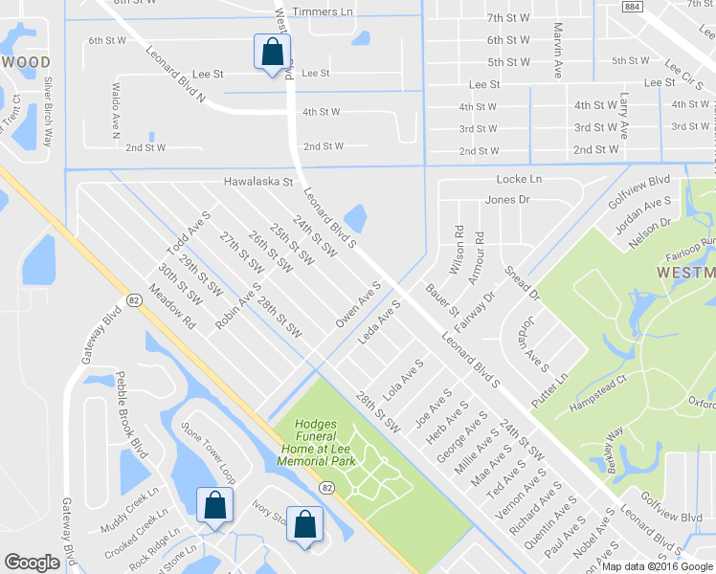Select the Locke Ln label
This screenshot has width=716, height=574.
(x=519, y=179)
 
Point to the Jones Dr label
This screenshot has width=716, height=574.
(x=507, y=200)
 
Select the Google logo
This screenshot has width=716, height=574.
(x=32, y=563)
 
